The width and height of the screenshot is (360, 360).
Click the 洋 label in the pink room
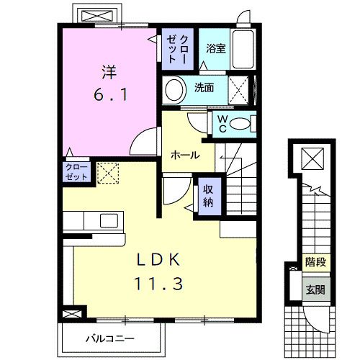tap(109, 72)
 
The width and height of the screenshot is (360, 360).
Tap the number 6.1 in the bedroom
tap(110, 95)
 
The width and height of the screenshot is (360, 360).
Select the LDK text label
tap(158, 260)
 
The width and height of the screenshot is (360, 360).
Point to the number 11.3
tap(158, 283)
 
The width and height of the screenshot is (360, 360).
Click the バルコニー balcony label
tap(110, 339)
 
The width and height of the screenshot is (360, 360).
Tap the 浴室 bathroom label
tap(216, 48)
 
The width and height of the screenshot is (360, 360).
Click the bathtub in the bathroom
tap(243, 49)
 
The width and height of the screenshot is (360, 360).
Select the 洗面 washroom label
tap(204, 88)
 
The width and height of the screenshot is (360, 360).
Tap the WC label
tap(222, 124)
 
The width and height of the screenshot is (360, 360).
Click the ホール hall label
tap(185, 156)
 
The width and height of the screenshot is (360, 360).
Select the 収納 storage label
tap(208, 196)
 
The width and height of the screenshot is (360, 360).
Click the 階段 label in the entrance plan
tap(315, 262)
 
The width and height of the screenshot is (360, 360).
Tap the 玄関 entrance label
tap(315, 290)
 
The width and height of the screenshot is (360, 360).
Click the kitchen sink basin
tap(109, 220)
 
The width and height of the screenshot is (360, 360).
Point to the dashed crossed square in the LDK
tap(108, 174)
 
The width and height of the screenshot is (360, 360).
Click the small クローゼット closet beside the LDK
tap(76, 172)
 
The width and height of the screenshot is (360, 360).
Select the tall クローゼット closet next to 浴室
tap(178, 49)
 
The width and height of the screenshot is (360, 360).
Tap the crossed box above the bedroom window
tap(97, 16)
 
